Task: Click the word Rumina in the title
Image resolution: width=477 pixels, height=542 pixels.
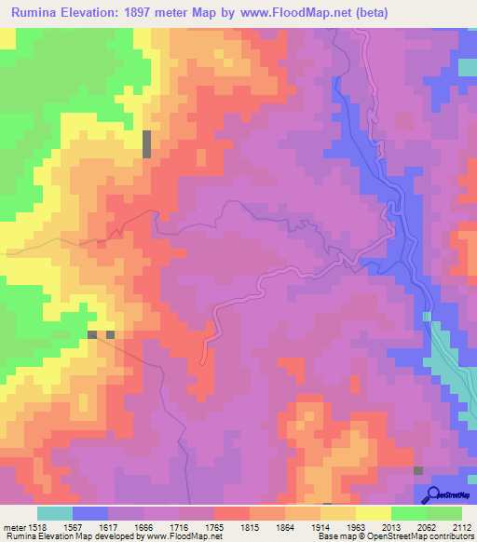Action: point(39,12)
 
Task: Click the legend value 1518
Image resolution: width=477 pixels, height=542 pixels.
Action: point(37,526)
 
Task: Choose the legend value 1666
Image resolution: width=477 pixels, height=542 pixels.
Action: point(129,526)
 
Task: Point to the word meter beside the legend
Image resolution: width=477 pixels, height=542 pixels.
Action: point(13,526)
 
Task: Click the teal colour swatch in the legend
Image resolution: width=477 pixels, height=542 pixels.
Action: point(55,513)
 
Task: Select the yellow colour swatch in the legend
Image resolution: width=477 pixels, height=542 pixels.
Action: point(373,513)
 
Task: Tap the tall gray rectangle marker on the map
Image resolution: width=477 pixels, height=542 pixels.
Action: point(146,144)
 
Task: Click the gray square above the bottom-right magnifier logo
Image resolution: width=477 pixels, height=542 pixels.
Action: point(418,471)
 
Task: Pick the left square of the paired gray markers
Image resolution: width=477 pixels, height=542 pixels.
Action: point(92,334)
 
